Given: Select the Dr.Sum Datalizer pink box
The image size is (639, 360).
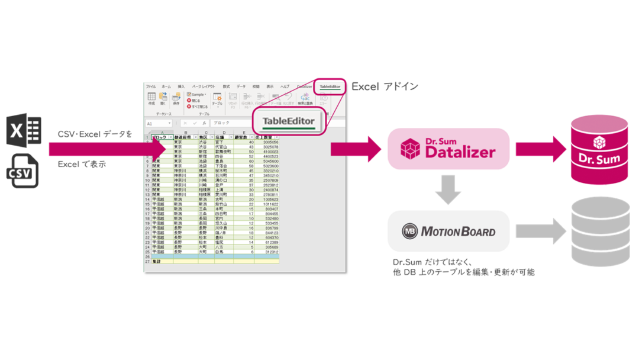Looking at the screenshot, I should point(448,149).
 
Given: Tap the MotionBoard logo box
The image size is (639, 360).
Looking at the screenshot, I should point(448,230).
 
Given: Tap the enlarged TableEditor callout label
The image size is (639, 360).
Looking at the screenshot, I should point(289,121).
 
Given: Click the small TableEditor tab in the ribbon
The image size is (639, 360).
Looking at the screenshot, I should point(330,86).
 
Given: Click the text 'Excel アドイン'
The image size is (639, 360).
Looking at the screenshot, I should point(385,86).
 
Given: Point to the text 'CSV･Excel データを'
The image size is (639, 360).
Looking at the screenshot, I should point(95,134).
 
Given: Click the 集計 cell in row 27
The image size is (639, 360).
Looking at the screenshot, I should point(158,261).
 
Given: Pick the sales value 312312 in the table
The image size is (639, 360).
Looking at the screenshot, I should point(270,251).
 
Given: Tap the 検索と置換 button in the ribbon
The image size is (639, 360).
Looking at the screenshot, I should point(305,98).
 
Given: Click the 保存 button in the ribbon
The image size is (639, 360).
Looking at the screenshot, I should point(176,98).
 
